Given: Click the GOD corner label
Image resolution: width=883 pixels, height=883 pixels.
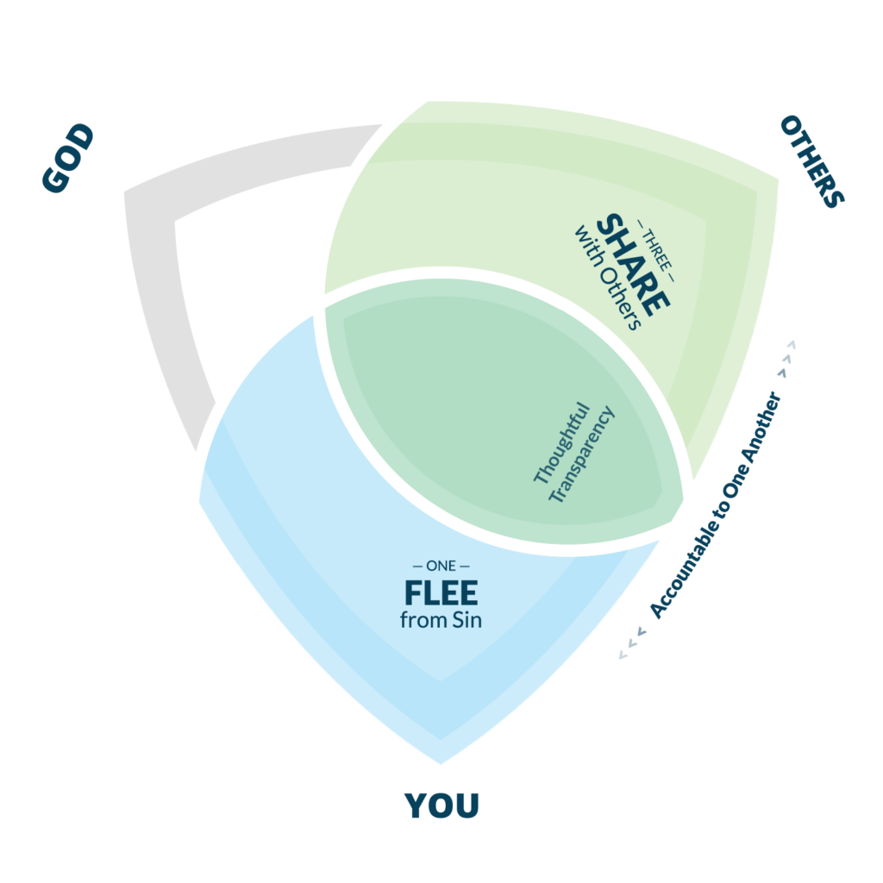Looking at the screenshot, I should pos(68,159).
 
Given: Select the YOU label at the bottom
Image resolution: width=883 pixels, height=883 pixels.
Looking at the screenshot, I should pos(441,805).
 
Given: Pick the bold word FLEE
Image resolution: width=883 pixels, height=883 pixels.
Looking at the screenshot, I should pos(441,593).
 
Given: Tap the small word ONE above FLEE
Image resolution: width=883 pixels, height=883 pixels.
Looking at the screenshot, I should pos(441,567).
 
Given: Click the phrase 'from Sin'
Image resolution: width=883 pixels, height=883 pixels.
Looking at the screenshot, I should pos(441,620).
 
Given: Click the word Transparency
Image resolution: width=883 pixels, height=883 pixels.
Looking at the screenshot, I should pos(581,454).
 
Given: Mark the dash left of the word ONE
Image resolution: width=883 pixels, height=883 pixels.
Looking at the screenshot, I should pos(418,567).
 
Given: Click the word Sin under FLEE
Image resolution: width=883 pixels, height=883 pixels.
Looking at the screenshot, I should pos(466,620).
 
